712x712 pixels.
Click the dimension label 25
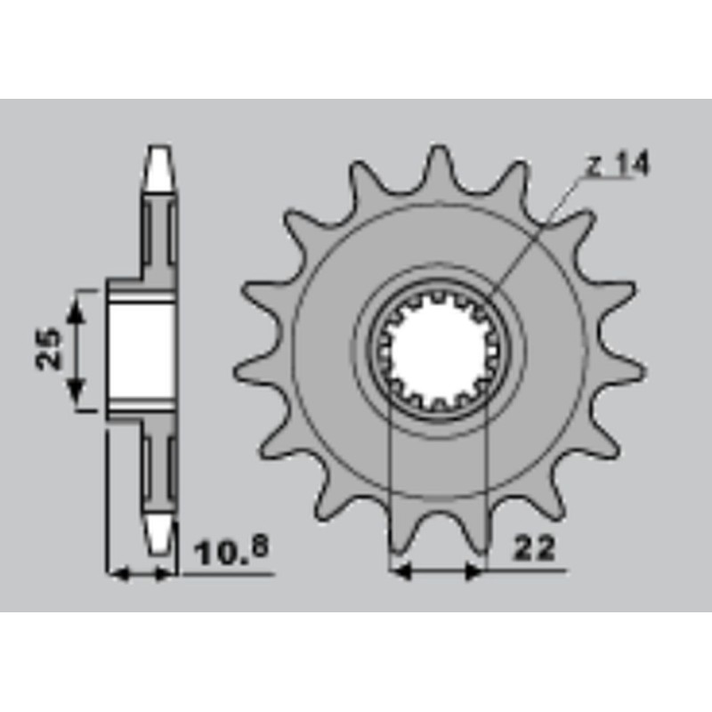[48, 349]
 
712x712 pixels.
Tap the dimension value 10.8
[231, 550]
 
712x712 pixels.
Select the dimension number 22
[534, 548]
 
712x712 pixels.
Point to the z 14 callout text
[619, 164]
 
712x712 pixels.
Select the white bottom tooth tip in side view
[160, 534]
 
